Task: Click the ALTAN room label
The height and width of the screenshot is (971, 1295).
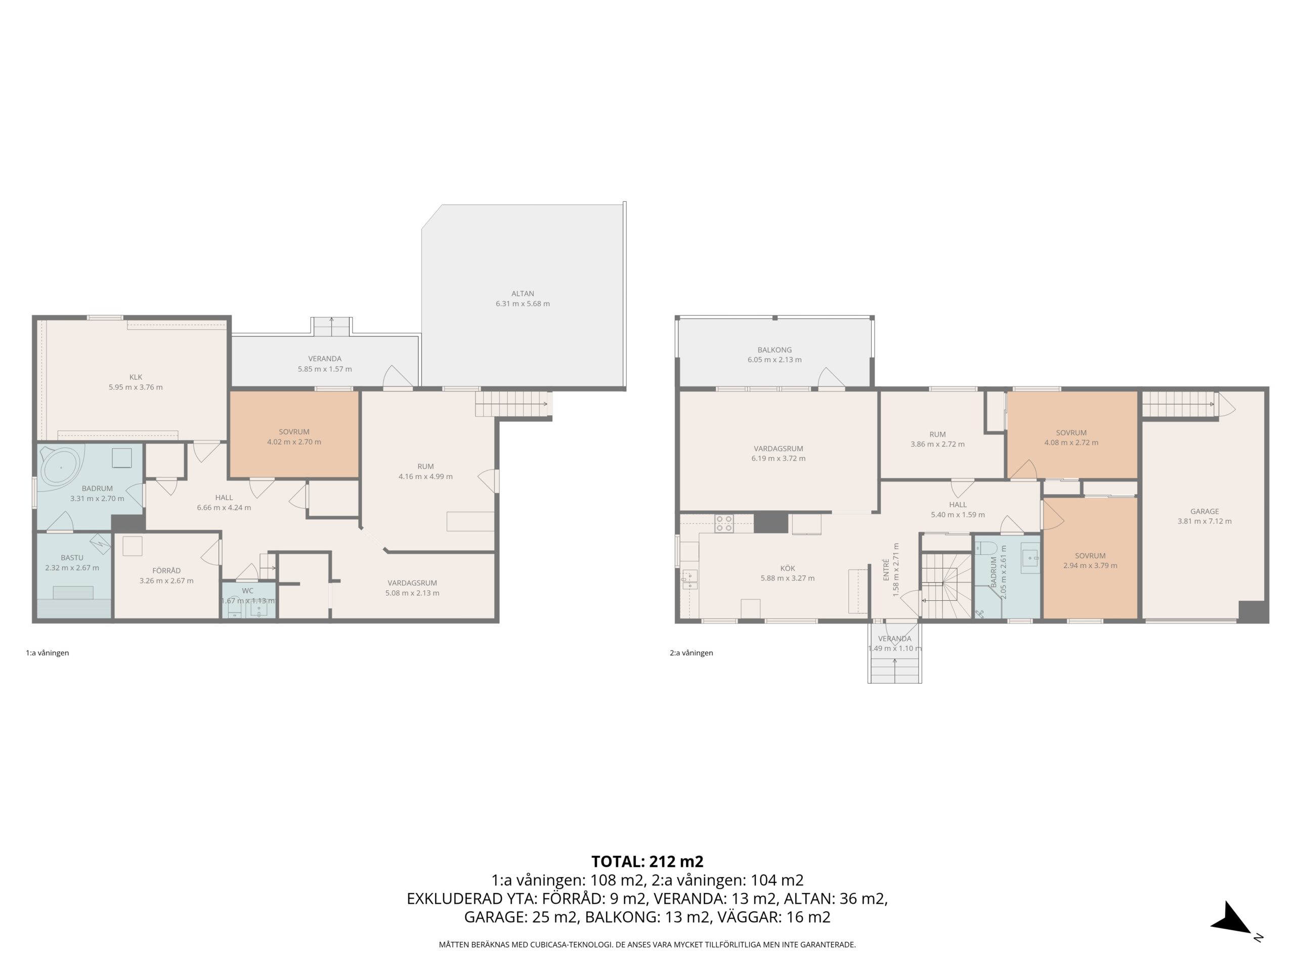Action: click(x=522, y=294)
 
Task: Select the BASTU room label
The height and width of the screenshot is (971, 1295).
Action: click(x=72, y=558)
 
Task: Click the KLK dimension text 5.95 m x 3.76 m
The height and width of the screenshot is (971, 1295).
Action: click(x=136, y=387)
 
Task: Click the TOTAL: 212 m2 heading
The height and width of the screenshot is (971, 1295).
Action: click(x=647, y=862)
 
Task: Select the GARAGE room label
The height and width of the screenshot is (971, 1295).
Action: click(x=1204, y=511)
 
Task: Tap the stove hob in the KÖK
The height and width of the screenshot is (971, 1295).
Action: click(x=724, y=523)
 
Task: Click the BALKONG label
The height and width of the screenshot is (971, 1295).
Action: click(x=774, y=350)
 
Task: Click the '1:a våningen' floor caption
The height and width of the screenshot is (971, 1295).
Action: click(x=48, y=652)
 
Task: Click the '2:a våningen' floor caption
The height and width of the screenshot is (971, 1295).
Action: click(x=692, y=652)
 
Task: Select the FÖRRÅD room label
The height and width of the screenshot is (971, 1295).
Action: click(x=166, y=570)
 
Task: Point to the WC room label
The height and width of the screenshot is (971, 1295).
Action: click(x=248, y=591)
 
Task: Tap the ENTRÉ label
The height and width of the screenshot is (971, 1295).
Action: click(x=886, y=569)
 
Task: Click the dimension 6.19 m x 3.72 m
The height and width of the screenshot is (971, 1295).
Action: click(x=778, y=458)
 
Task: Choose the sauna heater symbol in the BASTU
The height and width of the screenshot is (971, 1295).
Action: click(x=100, y=544)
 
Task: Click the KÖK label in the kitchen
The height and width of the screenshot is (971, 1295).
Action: click(x=788, y=568)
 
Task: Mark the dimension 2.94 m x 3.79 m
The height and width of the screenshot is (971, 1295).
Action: click(x=1090, y=565)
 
